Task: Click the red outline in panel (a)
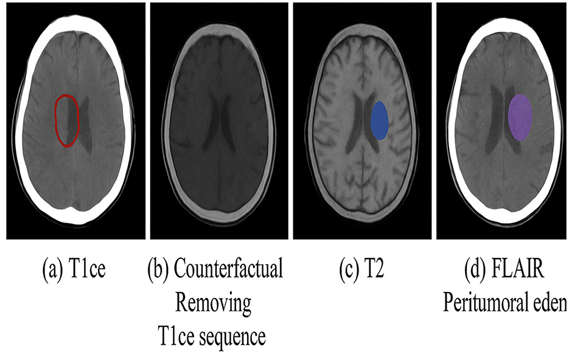pos(56,122)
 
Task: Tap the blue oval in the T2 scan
pos(379,120)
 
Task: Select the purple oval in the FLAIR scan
pos(520,117)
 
